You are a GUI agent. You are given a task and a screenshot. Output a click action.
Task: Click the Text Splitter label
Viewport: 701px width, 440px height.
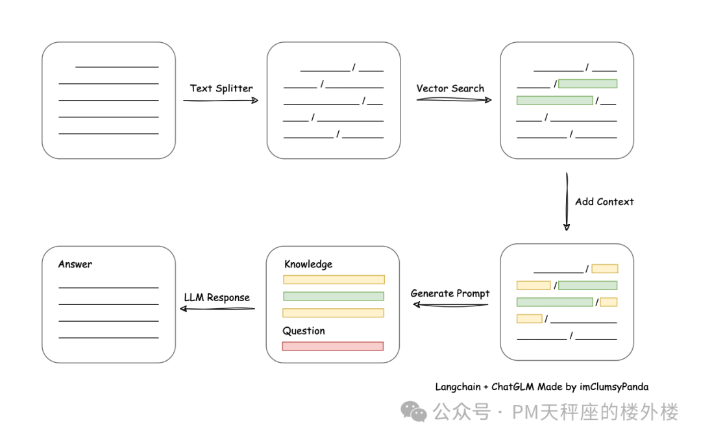pyautogui.click(x=221, y=88)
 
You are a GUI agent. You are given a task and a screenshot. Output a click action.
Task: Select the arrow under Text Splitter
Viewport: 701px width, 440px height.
pyautogui.click(x=221, y=100)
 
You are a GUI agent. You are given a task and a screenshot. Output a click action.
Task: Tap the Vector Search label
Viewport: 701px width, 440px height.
pyautogui.click(x=450, y=88)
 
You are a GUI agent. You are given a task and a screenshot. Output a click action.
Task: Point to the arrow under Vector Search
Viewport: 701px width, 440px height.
pyautogui.click(x=454, y=100)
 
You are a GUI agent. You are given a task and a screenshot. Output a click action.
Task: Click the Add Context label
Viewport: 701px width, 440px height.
pyautogui.click(x=604, y=202)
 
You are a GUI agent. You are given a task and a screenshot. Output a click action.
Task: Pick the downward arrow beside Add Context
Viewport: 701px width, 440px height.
pyautogui.click(x=567, y=202)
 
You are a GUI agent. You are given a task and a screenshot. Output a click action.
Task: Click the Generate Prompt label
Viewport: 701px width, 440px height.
pyautogui.click(x=450, y=294)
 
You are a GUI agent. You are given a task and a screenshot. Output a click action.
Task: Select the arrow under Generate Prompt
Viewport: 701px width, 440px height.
pyautogui.click(x=450, y=305)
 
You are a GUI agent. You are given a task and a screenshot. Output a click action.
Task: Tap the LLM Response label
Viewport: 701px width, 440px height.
pyautogui.click(x=217, y=297)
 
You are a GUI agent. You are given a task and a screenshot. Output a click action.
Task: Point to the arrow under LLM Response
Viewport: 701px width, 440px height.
pyautogui.click(x=217, y=308)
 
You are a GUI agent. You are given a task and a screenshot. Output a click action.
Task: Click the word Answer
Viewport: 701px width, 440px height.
pyautogui.click(x=75, y=264)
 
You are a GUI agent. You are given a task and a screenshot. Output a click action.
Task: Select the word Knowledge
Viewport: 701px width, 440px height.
pyautogui.click(x=308, y=264)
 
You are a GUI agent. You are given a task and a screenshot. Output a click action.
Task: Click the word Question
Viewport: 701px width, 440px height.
pyautogui.click(x=304, y=331)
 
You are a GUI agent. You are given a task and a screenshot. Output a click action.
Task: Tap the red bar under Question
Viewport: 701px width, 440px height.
pyautogui.click(x=333, y=346)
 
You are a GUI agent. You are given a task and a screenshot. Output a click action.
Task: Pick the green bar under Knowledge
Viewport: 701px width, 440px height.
pyautogui.click(x=334, y=296)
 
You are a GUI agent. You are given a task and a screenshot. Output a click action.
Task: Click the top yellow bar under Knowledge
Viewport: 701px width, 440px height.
pyautogui.click(x=334, y=280)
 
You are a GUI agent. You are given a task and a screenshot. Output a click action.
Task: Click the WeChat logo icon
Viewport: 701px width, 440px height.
pyautogui.click(x=413, y=411)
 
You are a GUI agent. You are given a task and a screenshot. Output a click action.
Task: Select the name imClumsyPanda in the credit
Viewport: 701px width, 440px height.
pyautogui.click(x=614, y=387)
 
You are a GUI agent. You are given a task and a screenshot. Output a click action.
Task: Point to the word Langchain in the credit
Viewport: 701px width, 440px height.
pyautogui.click(x=458, y=387)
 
